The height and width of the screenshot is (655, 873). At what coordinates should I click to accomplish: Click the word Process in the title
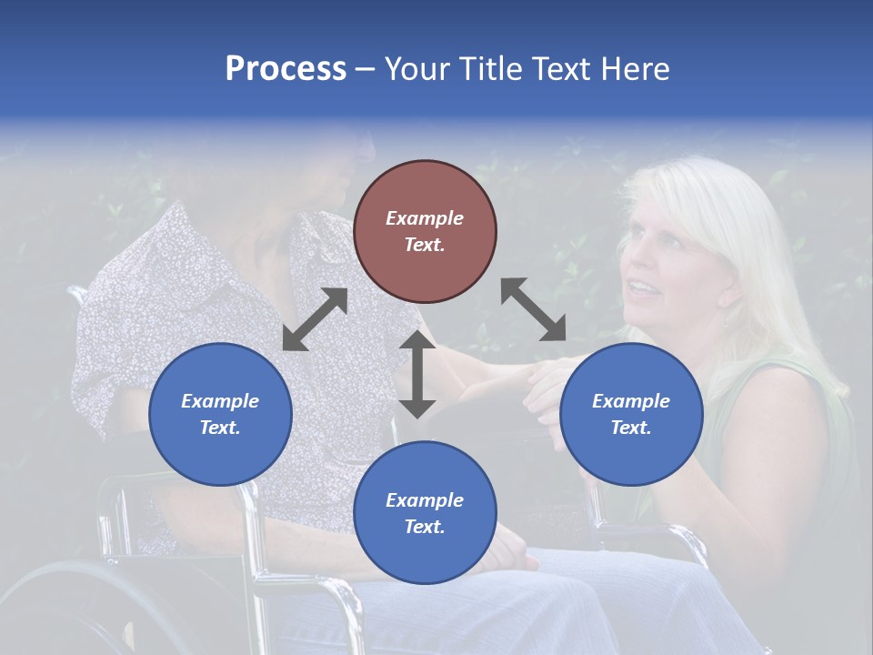(x=286, y=69)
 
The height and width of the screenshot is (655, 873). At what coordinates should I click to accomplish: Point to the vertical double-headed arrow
(x=417, y=374)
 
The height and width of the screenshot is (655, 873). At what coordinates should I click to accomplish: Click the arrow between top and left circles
(x=316, y=319)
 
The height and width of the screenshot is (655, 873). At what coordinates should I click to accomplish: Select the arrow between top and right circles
(x=534, y=310)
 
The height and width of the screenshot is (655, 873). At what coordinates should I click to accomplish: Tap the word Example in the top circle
(x=425, y=218)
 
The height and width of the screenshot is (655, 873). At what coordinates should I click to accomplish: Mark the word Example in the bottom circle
(x=425, y=499)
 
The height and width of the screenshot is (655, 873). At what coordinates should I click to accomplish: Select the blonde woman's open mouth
(x=642, y=289)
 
